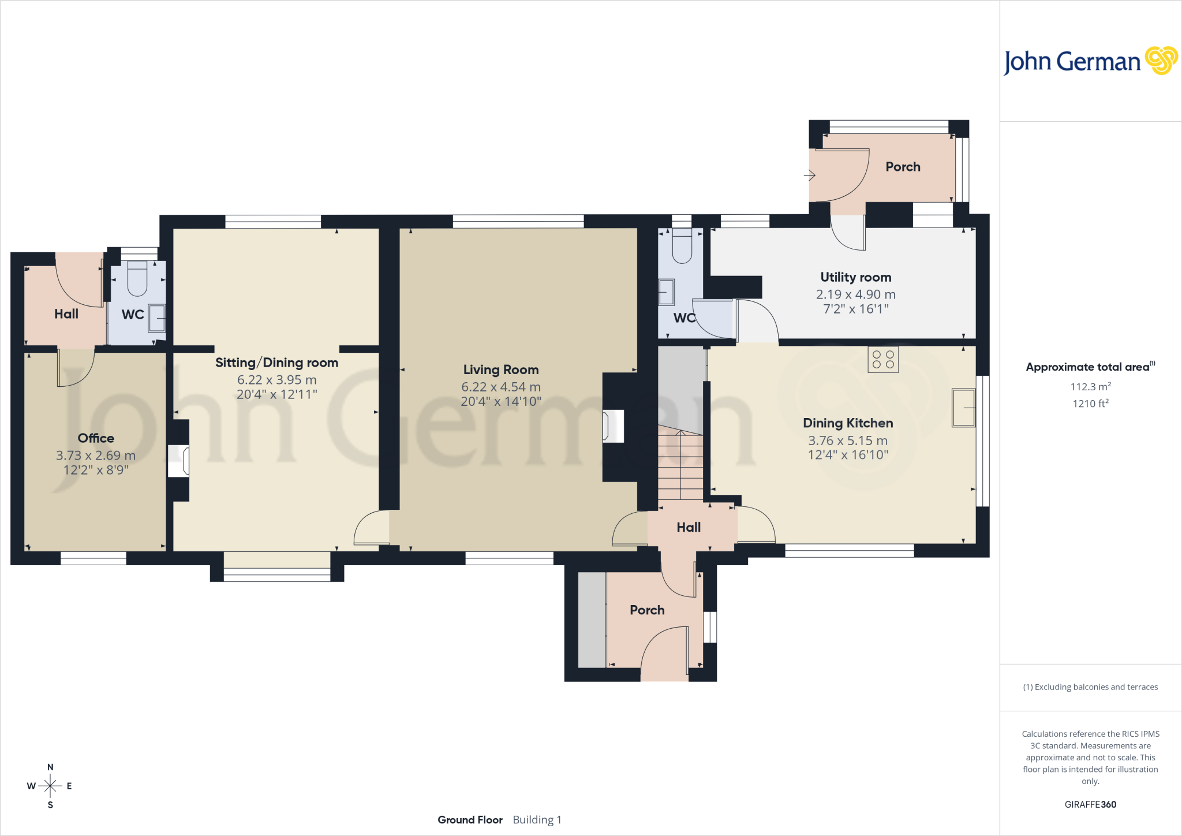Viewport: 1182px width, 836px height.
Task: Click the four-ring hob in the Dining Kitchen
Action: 883,360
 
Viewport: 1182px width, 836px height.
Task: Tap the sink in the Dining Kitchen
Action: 963,408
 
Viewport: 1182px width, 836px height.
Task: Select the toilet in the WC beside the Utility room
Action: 682,246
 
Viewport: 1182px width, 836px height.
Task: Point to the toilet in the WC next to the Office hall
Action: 137,278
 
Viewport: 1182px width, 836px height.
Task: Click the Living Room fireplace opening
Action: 613,426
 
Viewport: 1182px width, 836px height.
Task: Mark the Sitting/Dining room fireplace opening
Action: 178,461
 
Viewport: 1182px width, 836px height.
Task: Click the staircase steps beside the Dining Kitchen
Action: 680,465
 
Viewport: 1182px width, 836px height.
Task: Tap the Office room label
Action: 96,438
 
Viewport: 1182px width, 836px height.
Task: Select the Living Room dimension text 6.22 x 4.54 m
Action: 501,387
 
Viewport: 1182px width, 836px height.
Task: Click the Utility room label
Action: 856,277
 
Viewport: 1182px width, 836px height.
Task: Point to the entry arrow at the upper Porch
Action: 809,175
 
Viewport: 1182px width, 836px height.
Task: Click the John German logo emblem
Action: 1161,61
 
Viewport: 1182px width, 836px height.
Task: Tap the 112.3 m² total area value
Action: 1091,387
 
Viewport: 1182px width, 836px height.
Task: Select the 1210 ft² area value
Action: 1091,404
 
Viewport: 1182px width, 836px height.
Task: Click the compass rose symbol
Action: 50,786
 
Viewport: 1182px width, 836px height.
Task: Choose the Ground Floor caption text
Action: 470,820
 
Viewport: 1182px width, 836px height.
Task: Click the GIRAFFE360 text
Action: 1090,804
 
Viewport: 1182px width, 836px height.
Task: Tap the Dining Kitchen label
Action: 848,423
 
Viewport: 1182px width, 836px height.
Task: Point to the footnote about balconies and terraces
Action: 1090,687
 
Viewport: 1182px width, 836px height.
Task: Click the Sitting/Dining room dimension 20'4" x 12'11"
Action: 277,394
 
